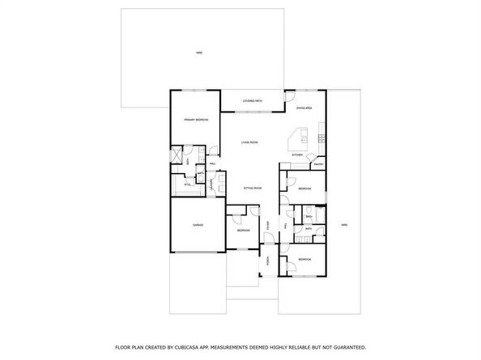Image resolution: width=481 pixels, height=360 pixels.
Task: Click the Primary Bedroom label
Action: point(197,120)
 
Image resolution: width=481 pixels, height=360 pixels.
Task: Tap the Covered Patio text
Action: point(252,101)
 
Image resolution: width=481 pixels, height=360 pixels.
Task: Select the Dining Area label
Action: point(304,108)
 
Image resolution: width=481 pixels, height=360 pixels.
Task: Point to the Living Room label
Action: point(249,142)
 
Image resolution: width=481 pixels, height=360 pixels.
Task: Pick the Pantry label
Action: point(318,164)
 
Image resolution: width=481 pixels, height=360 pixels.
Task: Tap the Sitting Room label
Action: point(253,188)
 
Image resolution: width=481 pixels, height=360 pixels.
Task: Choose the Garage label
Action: point(197,224)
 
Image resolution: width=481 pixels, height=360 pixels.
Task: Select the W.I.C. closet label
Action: point(187,184)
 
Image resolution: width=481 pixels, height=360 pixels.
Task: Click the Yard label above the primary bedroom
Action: point(198,53)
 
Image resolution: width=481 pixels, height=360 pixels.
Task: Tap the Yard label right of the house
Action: point(344,224)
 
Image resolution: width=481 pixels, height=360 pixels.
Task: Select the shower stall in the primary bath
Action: point(178,155)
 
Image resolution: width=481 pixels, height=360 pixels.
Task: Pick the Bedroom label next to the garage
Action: point(244,231)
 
